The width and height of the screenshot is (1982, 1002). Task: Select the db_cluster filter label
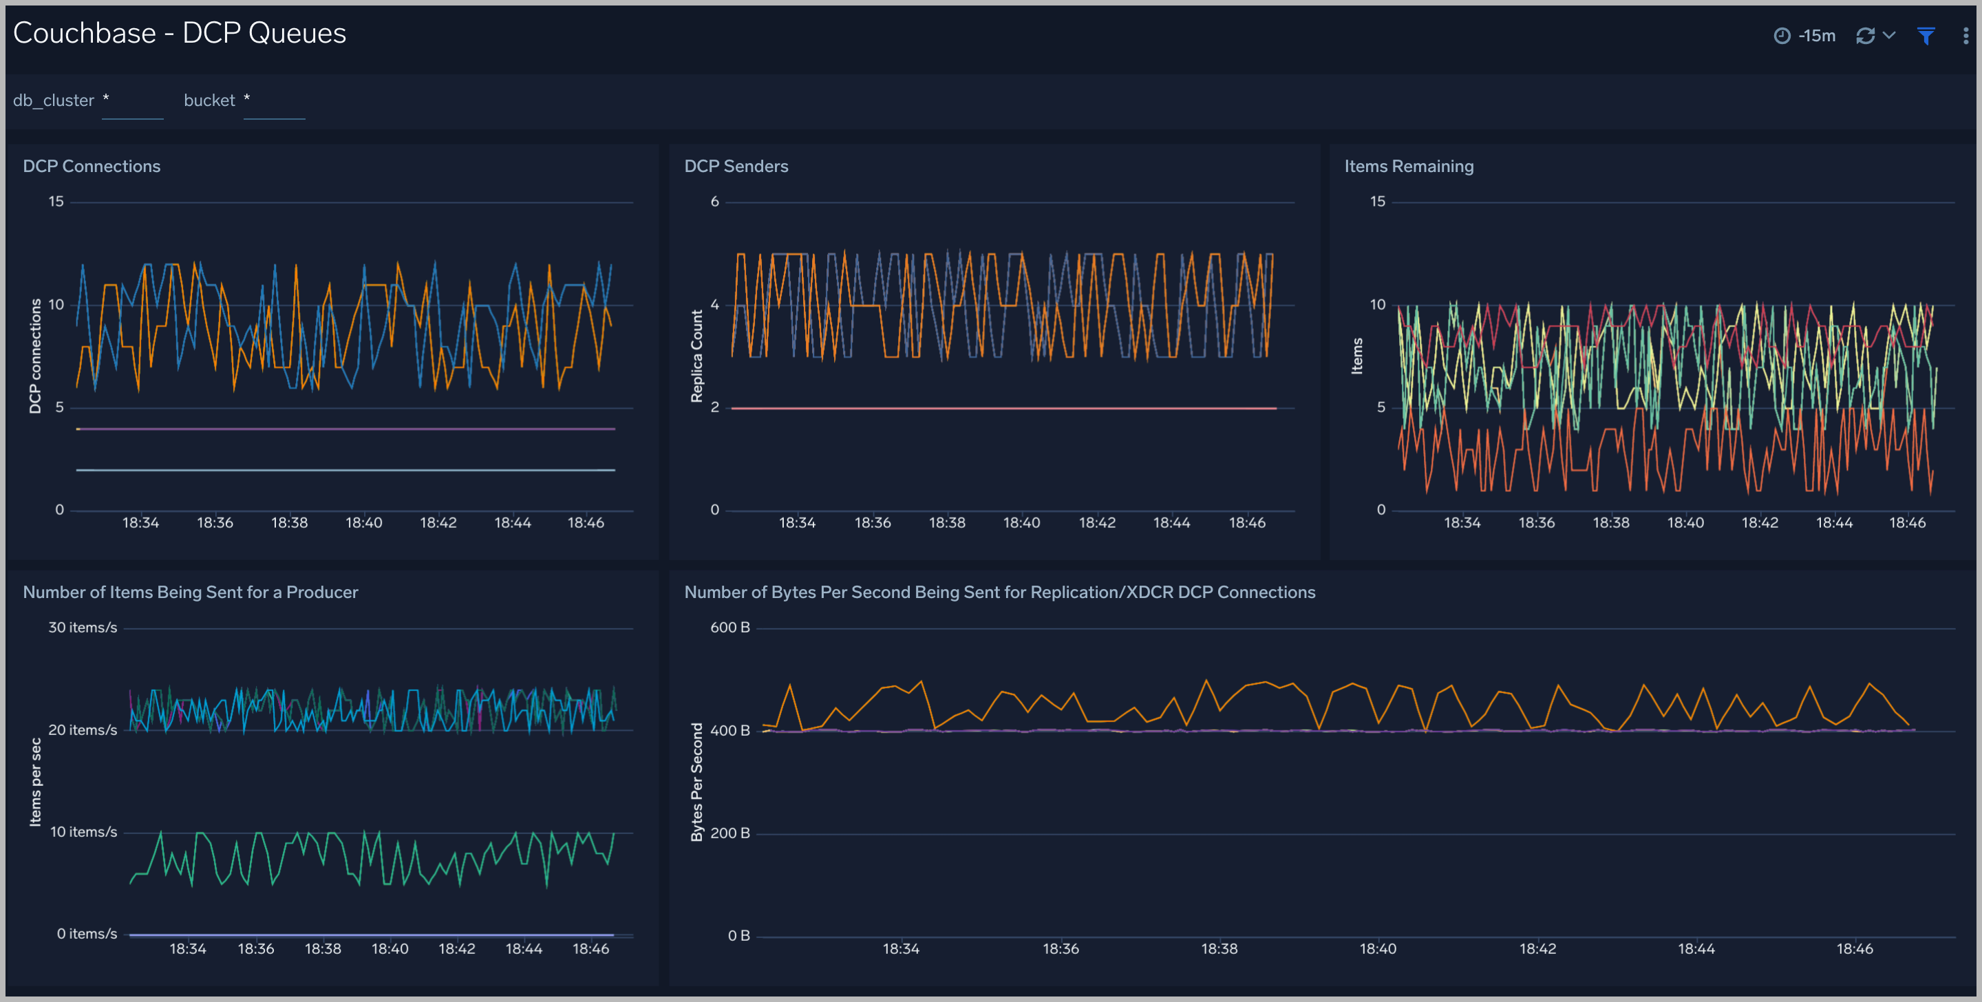pyautogui.click(x=53, y=100)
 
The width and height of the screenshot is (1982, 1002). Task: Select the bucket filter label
pyautogui.click(x=209, y=100)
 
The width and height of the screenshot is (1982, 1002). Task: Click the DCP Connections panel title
pyautogui.click(x=92, y=167)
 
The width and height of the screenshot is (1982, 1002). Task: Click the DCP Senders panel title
pyautogui.click(x=736, y=167)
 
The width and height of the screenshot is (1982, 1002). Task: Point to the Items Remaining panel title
pyautogui.click(x=1408, y=167)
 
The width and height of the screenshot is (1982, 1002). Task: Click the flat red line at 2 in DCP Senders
pyautogui.click(x=1000, y=408)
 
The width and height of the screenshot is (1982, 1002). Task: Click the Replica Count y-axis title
pyautogui.click(x=696, y=356)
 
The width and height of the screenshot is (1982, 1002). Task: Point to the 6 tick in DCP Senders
pyautogui.click(x=714, y=202)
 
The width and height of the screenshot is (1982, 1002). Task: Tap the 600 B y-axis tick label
pyautogui.click(x=729, y=627)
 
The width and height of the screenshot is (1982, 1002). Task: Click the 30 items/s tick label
pyautogui.click(x=83, y=627)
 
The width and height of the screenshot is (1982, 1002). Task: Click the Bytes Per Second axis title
pyautogui.click(x=696, y=781)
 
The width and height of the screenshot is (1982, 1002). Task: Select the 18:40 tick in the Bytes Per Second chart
pyautogui.click(x=1377, y=949)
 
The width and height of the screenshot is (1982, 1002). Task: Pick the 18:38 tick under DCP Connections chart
pyautogui.click(x=289, y=522)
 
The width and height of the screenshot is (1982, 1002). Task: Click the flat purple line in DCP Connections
pyautogui.click(x=346, y=429)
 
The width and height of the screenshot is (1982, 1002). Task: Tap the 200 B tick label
pyautogui.click(x=729, y=833)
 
